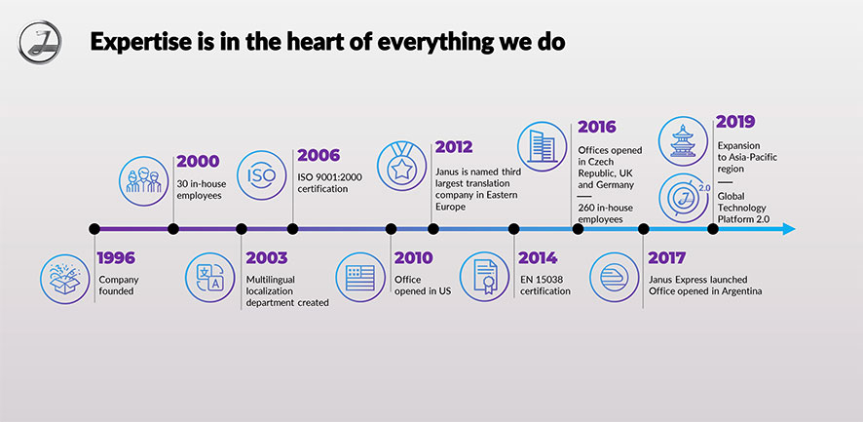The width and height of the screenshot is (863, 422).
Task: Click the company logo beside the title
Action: click(40, 42)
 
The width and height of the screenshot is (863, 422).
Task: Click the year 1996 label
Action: click(116, 258)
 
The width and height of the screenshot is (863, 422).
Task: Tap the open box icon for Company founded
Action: click(64, 279)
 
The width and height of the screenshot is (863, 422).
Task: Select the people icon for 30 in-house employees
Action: click(143, 180)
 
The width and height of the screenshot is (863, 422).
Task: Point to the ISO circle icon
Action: click(261, 175)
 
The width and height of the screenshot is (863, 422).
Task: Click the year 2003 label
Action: click(267, 258)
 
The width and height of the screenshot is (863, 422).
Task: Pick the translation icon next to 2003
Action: click(209, 277)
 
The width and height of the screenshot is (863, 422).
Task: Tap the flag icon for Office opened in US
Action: click(360, 277)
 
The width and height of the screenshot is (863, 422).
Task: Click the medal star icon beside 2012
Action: click(401, 166)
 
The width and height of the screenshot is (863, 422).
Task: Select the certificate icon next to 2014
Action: click(484, 277)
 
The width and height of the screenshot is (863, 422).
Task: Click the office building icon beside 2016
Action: click(543, 146)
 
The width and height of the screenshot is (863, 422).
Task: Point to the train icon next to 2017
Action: click(615, 277)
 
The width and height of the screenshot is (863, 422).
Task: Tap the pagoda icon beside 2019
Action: click(683, 141)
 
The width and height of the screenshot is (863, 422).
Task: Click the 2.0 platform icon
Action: click(684, 198)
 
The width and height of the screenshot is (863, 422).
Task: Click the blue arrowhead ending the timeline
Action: click(789, 229)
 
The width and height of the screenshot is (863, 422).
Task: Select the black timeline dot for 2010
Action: click(391, 229)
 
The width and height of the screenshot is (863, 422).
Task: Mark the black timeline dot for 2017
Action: click(643, 229)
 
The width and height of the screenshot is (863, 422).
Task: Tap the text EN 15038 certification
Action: click(545, 286)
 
